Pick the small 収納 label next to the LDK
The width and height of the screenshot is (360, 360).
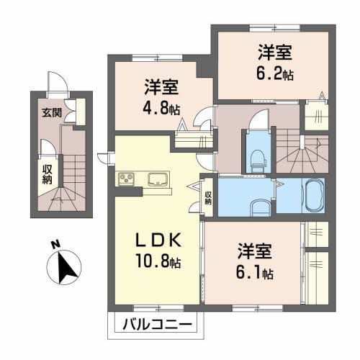pyautogui.click(x=207, y=197)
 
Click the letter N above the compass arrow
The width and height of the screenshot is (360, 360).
pyautogui.click(x=55, y=245)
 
